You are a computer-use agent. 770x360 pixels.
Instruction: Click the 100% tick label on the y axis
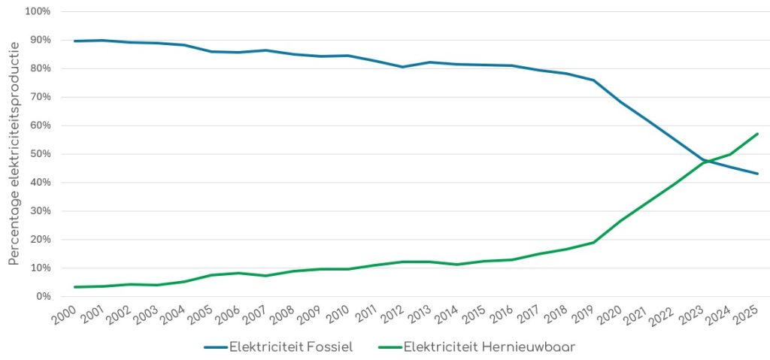pos(37,12)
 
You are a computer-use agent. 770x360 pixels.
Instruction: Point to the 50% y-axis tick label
pos(39,154)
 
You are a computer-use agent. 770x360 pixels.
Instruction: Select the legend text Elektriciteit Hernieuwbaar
pos(489,347)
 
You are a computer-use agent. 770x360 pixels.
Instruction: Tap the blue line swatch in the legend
pos(214,347)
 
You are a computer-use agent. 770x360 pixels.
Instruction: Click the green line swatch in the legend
pos(388,347)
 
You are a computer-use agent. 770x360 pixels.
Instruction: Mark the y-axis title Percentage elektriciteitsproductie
pos(14,153)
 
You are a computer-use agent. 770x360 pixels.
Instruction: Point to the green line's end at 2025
pos(757,134)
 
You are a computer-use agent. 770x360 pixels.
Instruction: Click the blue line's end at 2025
pos(757,174)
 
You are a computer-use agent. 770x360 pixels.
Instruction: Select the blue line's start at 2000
pos(75,41)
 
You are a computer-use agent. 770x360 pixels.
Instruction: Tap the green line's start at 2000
pos(75,287)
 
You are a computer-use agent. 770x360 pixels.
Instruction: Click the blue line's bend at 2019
pos(593,80)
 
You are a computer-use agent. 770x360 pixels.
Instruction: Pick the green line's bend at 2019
pos(593,242)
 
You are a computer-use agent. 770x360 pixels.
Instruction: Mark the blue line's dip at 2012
pos(402,67)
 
